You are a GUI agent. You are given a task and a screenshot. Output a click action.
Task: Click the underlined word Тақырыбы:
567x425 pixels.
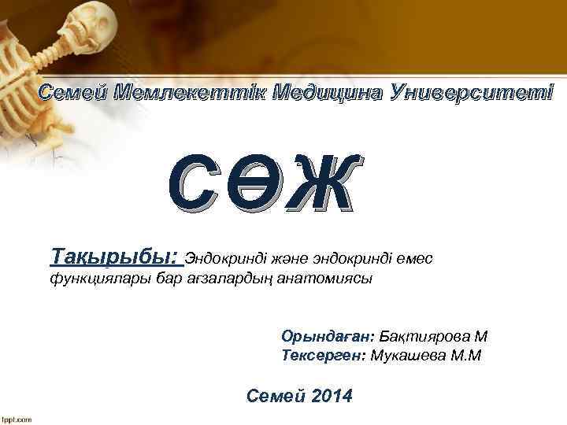coord(115,257)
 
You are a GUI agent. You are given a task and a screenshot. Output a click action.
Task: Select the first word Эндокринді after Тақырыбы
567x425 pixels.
coord(220,257)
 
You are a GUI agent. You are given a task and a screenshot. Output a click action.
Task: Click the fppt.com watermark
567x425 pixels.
coord(16,419)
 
